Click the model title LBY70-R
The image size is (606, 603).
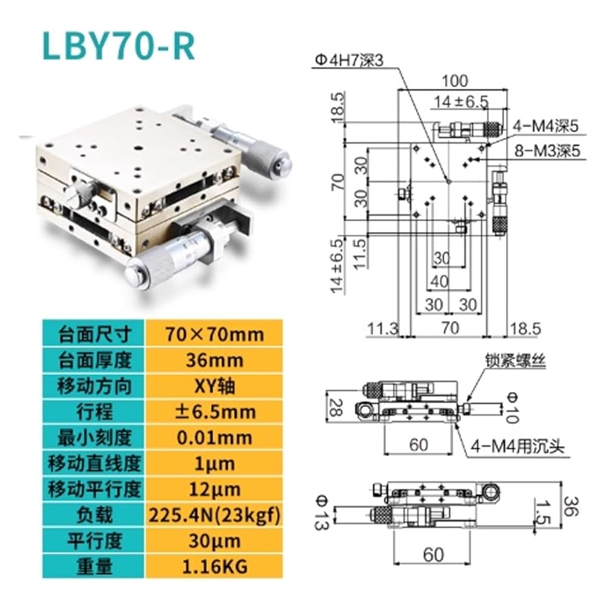click(118, 46)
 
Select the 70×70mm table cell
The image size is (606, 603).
click(214, 334)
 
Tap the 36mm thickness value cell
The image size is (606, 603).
click(214, 360)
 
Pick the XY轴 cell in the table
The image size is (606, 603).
click(214, 386)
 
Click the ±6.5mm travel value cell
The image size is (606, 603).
click(214, 411)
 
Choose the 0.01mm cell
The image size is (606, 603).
click(214, 437)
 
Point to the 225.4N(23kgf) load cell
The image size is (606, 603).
click(214, 515)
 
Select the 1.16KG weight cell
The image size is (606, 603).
click(214, 566)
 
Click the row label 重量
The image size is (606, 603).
click(94, 566)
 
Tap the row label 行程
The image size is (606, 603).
click(94, 411)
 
